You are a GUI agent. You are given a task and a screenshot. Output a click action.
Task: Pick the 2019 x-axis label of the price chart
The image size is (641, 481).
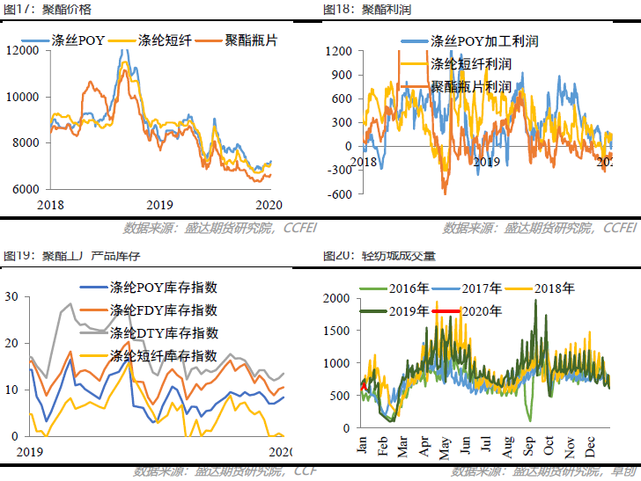(x=159, y=204)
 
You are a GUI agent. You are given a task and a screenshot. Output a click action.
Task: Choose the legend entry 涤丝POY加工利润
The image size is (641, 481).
(x=483, y=41)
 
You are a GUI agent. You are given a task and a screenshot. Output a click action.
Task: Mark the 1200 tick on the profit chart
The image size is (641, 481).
(x=339, y=51)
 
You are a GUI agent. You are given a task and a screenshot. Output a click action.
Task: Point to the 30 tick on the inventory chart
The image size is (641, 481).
(x=11, y=297)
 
